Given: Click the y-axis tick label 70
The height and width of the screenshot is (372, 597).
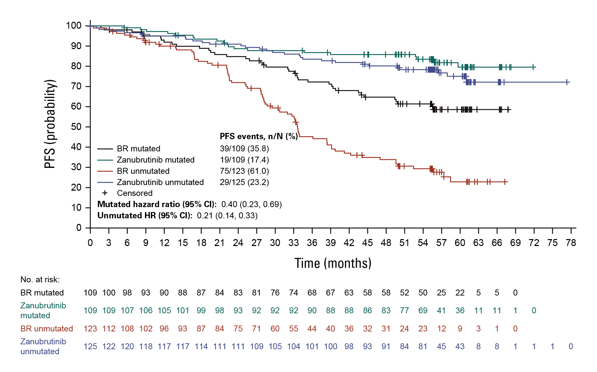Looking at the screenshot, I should click(76, 86).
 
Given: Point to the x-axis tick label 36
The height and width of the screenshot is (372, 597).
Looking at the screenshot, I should click(312, 243).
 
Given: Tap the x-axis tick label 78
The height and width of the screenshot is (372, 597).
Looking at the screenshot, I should click(571, 243).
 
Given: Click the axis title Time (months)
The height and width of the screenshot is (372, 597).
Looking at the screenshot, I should click(333, 263).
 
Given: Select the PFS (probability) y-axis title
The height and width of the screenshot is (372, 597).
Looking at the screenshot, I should click(50, 124).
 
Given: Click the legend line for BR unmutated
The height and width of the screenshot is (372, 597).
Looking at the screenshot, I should click(105, 171).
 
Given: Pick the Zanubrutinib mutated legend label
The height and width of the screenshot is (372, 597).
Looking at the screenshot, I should click(156, 160).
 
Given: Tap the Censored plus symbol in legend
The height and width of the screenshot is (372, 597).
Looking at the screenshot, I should click(105, 193).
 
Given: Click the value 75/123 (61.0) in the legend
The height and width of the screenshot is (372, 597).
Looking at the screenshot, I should click(244, 171).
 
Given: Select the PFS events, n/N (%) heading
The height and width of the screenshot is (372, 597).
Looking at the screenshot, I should click(259, 137).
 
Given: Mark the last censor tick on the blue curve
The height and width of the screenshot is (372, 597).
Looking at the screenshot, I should click(567, 82).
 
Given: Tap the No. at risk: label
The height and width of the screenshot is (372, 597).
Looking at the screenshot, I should click(40, 280).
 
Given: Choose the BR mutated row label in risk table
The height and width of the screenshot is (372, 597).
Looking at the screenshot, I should click(42, 293).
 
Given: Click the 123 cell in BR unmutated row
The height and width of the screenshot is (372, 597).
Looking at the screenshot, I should click(90, 329).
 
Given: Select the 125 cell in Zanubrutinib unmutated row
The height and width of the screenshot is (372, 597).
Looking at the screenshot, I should click(90, 347).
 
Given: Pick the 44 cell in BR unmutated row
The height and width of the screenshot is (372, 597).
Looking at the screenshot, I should click(312, 329).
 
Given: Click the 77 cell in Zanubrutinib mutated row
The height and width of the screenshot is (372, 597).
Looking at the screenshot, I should click(404, 311).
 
